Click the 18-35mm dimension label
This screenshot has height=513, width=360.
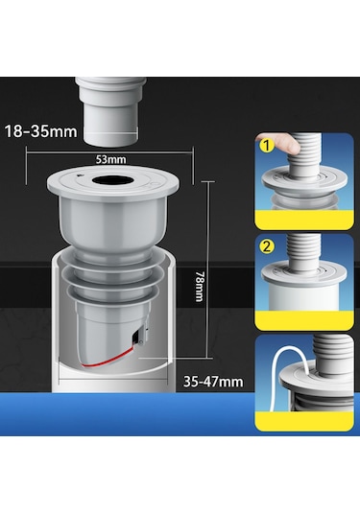pyautogui.click(x=41, y=131)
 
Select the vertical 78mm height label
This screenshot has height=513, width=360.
pyautogui.click(x=199, y=286)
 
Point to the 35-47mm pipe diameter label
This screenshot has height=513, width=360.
pyautogui.click(x=213, y=382)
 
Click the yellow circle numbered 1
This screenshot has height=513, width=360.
pyautogui.click(x=267, y=145)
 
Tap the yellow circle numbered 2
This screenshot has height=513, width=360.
pyautogui.click(x=267, y=246)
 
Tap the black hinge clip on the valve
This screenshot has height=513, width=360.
pyautogui.click(x=138, y=338)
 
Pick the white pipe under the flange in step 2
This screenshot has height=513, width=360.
pyautogui.click(x=303, y=296)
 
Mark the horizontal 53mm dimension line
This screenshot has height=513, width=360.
pyautogui.click(x=110, y=152)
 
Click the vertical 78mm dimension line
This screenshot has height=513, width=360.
pyautogui.click(x=207, y=269)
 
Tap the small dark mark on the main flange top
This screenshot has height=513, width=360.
pyautogui.click(x=79, y=175)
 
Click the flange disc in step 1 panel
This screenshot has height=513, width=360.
pyautogui.click(x=304, y=181)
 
